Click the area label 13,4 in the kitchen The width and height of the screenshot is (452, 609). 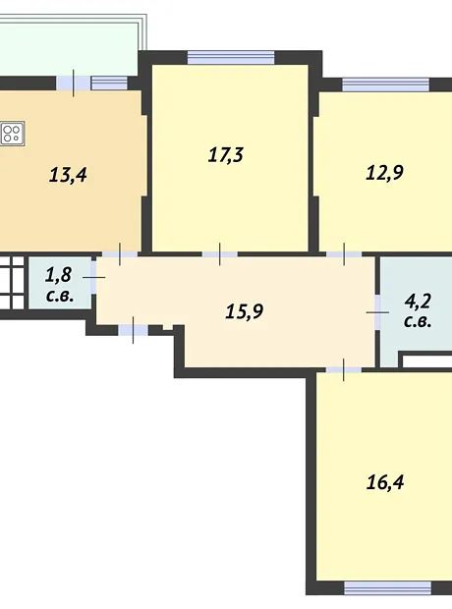[x=68, y=175]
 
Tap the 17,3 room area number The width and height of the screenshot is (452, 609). [x=226, y=154]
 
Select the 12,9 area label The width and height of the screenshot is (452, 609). [x=385, y=173]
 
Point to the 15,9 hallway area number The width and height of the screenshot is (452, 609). [x=245, y=311]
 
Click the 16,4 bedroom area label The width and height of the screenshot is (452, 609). [x=385, y=482]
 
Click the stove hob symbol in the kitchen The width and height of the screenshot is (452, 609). [x=12, y=134]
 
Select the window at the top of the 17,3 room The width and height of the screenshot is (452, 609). [x=231, y=58]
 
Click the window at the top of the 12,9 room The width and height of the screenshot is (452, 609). [x=385, y=84]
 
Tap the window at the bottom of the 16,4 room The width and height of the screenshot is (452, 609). [x=388, y=588]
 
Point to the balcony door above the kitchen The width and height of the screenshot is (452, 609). [x=74, y=83]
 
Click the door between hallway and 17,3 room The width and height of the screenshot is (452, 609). [x=220, y=254]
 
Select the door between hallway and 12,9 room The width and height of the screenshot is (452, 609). [x=344, y=254]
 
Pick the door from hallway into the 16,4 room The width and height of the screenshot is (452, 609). [x=344, y=369]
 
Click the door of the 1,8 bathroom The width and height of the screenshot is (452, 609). [x=93, y=277]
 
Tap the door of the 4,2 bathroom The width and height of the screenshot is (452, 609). [x=377, y=312]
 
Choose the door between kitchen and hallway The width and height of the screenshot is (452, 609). [x=120, y=254]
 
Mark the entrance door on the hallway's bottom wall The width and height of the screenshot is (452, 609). [x=133, y=330]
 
